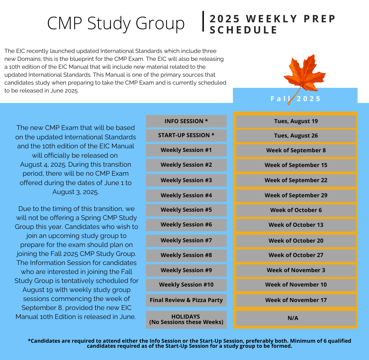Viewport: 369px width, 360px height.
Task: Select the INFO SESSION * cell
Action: (186, 121)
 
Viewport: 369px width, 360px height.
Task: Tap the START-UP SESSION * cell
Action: (186, 135)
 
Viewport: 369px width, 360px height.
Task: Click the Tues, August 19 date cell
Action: (296, 121)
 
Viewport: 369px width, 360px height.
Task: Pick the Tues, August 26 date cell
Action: (296, 136)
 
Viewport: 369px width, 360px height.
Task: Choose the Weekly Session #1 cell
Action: (186, 150)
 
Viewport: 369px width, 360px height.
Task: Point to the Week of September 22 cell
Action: (296, 180)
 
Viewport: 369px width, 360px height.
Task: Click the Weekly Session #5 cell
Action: (186, 210)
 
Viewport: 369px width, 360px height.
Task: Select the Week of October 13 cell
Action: (296, 225)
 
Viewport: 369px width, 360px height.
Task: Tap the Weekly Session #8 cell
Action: (186, 255)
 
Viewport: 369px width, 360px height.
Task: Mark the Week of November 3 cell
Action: (296, 270)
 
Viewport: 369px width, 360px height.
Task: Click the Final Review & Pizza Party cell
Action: (186, 300)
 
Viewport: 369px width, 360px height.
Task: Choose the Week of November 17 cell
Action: (296, 300)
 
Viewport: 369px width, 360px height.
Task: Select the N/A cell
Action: (296, 318)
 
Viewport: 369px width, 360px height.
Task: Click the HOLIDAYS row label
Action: (186, 319)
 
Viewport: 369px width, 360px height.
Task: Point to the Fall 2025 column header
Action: (295, 99)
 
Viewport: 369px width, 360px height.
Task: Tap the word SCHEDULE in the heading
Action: (244, 30)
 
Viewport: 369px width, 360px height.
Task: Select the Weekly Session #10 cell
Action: (186, 285)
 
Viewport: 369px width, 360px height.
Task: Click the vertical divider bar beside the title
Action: (204, 22)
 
